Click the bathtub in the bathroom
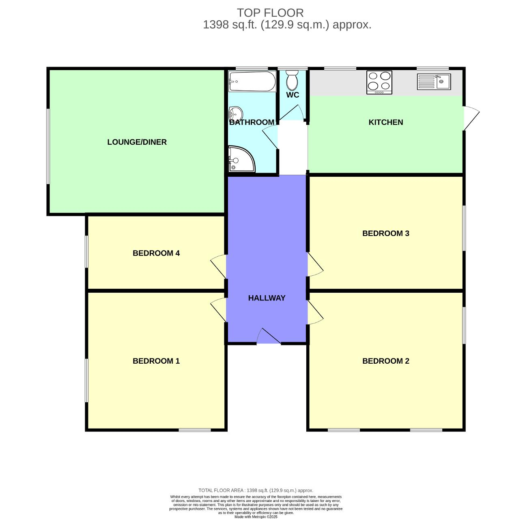point(252,81)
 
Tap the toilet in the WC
point(292,81)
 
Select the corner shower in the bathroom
point(241,159)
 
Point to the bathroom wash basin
point(235,112)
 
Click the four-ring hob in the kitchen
point(379,82)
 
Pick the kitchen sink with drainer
point(434,81)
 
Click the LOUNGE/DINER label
point(137,142)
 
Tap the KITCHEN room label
point(385,122)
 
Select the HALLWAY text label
point(267,298)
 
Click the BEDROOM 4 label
point(156,253)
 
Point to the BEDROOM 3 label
point(385,234)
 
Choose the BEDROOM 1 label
point(156,361)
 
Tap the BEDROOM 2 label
point(385,361)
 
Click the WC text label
point(293,95)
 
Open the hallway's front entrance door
point(269,337)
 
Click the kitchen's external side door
point(471,118)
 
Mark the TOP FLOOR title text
point(270,13)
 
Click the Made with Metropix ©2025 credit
point(256,517)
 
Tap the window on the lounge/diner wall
point(48,146)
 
